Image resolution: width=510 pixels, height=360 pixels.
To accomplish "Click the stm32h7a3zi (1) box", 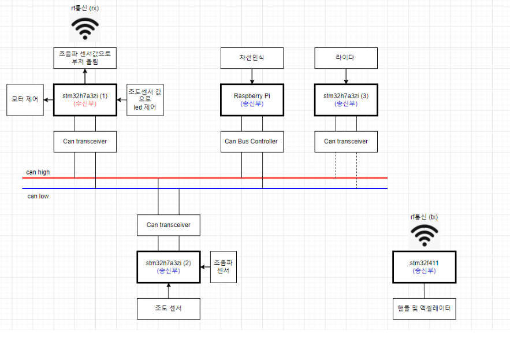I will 85,99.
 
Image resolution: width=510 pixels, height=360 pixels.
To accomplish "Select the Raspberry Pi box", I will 252,99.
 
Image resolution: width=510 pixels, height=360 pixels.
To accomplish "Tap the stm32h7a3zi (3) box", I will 345,99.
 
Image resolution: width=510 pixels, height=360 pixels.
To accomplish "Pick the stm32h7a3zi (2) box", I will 168,266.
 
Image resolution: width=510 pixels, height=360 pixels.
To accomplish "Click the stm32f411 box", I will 424,266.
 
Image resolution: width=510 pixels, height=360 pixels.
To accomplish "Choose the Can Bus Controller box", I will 252,141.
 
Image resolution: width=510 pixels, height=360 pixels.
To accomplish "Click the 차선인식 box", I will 252,58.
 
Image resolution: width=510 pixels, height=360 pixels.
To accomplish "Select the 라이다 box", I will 345,58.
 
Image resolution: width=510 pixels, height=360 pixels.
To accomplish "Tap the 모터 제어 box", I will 25,99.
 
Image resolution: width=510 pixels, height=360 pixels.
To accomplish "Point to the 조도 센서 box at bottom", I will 168,309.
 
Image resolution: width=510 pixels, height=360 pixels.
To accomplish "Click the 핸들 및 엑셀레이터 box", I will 424,309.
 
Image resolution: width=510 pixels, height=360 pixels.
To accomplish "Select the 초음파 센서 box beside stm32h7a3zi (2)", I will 224,266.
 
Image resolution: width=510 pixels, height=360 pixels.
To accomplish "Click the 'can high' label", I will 38,172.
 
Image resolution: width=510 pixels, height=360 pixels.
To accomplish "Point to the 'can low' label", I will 38,196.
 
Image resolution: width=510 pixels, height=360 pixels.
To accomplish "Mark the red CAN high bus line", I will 202,178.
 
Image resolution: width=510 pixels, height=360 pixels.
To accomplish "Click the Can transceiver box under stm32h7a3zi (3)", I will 345,141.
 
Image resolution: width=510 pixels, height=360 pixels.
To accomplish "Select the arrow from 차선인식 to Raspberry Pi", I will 252,76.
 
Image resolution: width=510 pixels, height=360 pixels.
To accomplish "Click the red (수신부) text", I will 85,104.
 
